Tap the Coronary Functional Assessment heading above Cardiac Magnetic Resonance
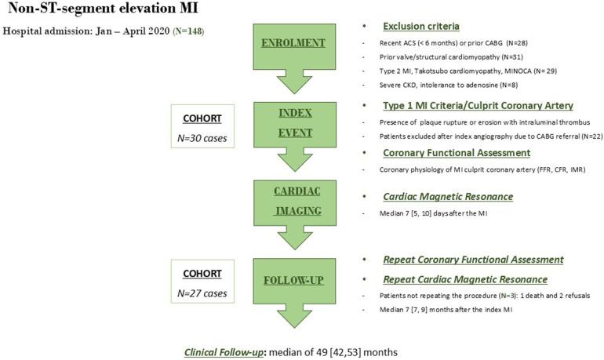click(x=453, y=153)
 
